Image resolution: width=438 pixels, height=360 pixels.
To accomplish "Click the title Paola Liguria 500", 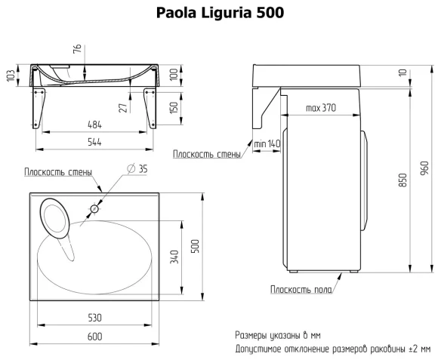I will click(220, 14).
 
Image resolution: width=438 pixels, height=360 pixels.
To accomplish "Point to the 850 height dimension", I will click(403, 182).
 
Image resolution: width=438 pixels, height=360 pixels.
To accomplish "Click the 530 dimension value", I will click(93, 317).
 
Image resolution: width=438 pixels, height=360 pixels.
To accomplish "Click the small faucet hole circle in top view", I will click(95, 208).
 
